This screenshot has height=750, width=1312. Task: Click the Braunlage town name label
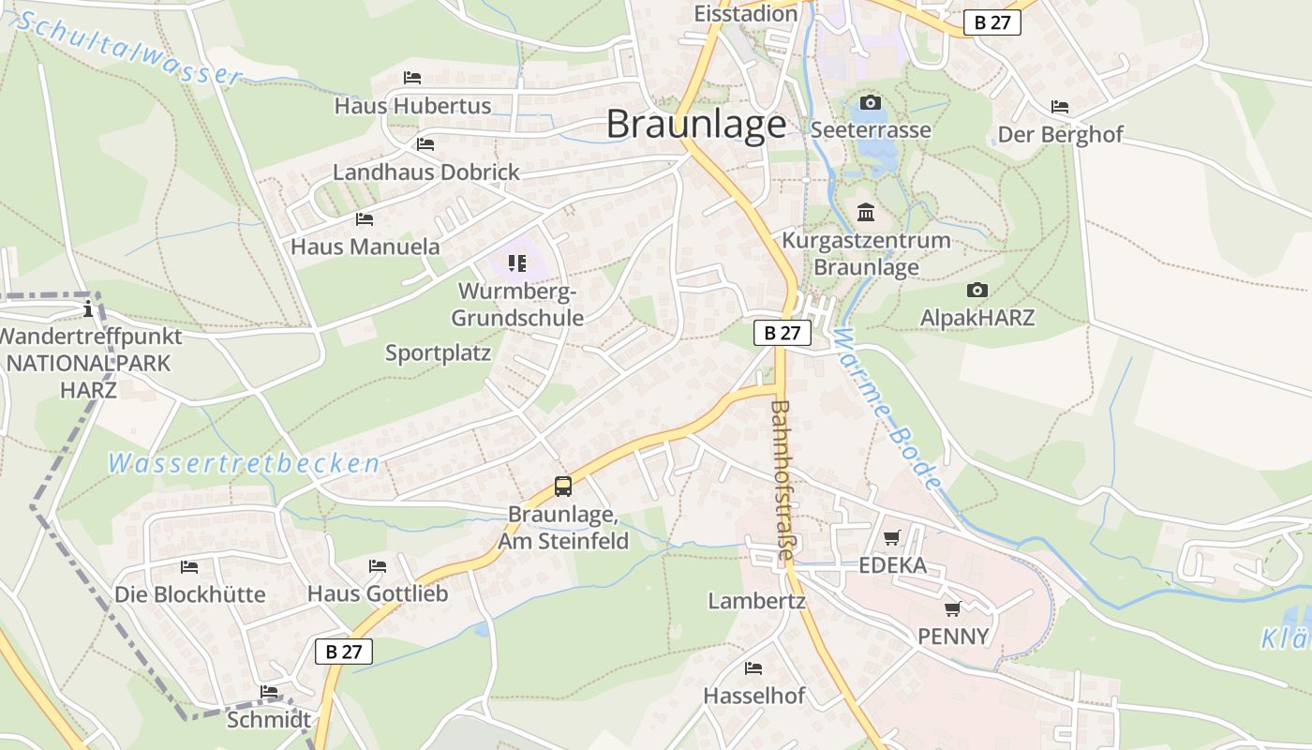tap(696, 124)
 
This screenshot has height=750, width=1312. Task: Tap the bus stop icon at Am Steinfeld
tap(562, 487)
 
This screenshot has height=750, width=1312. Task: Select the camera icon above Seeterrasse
tap(871, 102)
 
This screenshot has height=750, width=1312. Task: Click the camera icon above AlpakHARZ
tap(977, 291)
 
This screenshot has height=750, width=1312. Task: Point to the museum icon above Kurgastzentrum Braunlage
tap(866, 213)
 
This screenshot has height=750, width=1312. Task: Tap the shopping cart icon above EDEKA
tap(891, 538)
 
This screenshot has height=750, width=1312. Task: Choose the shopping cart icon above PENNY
tap(953, 609)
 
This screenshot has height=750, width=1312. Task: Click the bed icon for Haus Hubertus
tap(412, 78)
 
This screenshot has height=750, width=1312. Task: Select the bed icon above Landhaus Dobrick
tap(425, 144)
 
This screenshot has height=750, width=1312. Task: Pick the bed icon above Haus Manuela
tap(365, 219)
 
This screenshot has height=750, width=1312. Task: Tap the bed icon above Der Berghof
tap(1060, 107)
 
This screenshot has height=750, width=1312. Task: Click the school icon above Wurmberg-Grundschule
tap(516, 263)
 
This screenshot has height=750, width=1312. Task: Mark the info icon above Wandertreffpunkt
tap(88, 307)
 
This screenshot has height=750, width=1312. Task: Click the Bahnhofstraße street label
tap(783, 480)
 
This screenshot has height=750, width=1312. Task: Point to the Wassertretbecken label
tap(244, 463)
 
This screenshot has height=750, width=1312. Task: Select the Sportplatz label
tap(438, 353)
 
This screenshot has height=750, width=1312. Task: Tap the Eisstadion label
tap(746, 13)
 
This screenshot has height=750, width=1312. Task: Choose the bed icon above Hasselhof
tap(753, 668)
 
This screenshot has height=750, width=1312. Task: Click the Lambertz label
tap(756, 601)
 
